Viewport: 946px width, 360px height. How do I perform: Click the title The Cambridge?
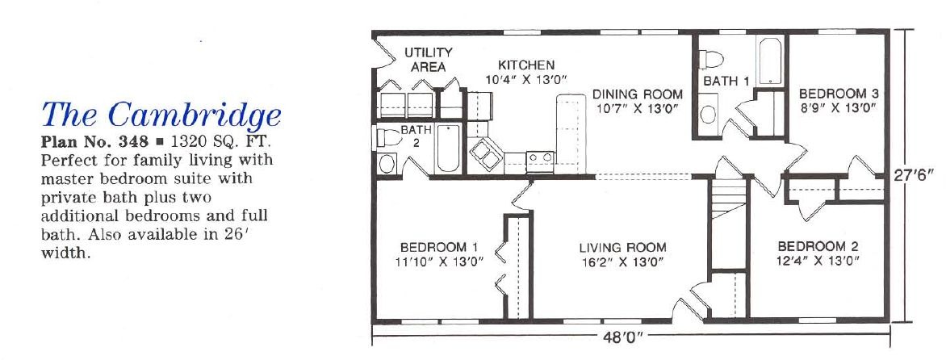[161, 114]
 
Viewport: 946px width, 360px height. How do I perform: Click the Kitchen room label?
[526, 65]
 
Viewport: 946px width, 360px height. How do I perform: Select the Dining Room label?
[638, 94]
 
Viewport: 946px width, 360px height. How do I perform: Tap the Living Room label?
[622, 247]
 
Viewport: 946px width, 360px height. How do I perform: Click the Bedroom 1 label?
[440, 247]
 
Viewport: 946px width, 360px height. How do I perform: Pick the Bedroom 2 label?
[818, 246]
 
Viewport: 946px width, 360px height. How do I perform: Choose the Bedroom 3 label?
[839, 94]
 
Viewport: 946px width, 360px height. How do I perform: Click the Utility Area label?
[429, 60]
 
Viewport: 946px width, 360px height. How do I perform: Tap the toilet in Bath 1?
[712, 59]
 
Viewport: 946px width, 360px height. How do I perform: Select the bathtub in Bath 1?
[770, 61]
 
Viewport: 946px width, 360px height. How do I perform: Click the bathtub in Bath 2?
[448, 148]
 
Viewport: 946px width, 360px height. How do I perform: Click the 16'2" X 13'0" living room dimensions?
[622, 262]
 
